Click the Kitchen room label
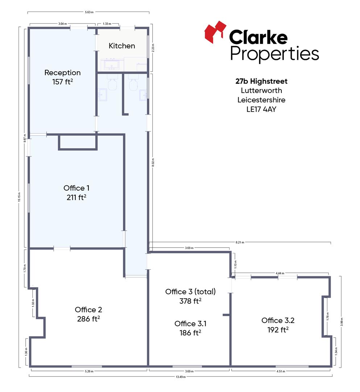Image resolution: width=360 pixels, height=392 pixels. click(x=122, y=46)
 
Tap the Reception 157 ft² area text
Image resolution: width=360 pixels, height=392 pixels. click(x=62, y=82)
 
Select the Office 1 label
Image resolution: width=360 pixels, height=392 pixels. click(x=76, y=188)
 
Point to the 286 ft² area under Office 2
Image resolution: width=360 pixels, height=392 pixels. click(x=88, y=319)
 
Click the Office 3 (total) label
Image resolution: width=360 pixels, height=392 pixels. click(x=190, y=291)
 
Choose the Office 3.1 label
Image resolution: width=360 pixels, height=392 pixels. click(x=190, y=323)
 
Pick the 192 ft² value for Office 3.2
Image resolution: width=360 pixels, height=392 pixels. click(x=278, y=330)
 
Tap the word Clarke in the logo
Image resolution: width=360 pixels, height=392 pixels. click(x=258, y=37)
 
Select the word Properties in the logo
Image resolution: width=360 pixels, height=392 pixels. click(x=274, y=54)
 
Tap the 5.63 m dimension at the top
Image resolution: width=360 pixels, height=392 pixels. click(x=89, y=12)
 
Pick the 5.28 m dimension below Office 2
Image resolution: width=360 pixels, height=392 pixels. click(x=89, y=371)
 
